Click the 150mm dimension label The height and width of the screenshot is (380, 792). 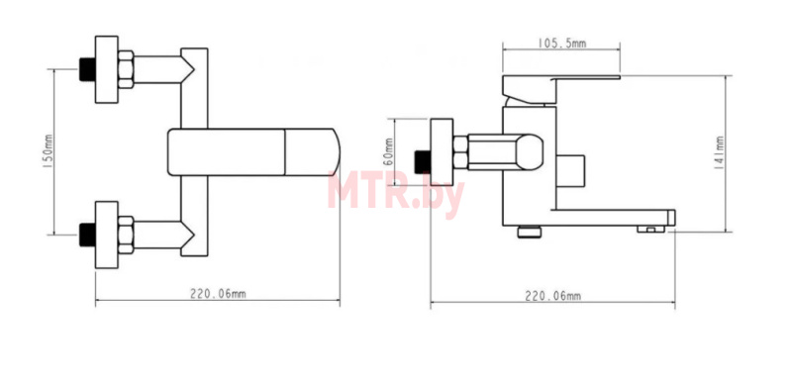tap(49, 151)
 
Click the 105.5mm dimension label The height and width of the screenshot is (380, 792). tap(561, 44)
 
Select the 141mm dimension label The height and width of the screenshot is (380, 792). tap(720, 152)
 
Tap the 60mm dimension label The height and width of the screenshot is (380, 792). tap(388, 151)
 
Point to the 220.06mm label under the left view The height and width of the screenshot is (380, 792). tap(218, 294)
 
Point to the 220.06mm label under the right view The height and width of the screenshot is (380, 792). tap(552, 296)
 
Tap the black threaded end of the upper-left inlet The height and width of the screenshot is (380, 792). tap(88, 69)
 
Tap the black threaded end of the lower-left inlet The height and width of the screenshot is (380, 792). tap(88, 235)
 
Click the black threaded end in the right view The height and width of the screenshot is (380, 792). tap(422, 161)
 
